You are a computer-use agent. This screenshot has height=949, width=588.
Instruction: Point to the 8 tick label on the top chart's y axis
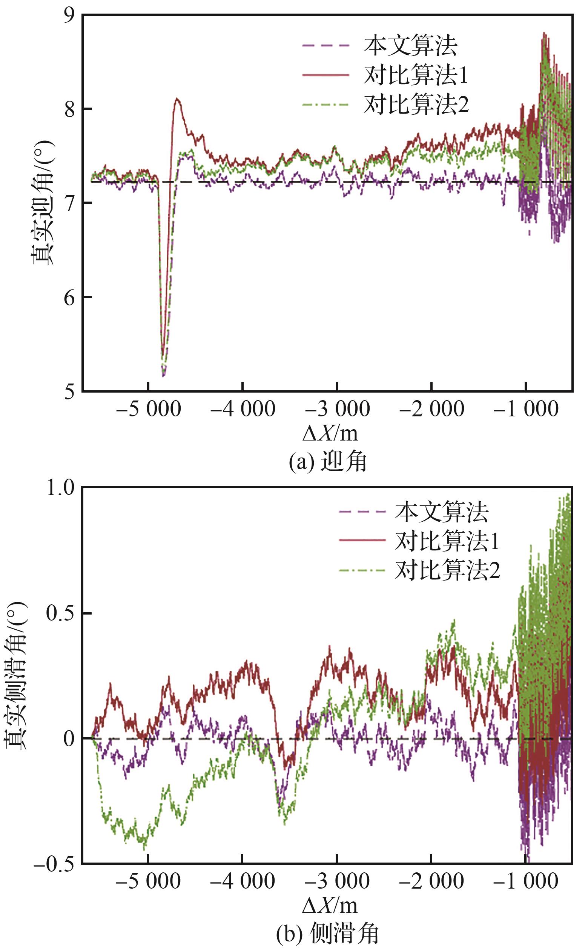(70, 109)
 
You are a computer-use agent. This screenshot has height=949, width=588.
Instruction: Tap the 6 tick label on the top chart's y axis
(70, 299)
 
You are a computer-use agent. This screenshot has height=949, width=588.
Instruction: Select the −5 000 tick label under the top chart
(148, 409)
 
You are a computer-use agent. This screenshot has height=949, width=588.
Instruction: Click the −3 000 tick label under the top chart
(337, 409)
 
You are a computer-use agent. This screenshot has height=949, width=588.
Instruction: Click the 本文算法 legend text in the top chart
(410, 46)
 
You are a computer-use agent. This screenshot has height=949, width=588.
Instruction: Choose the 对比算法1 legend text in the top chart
(415, 75)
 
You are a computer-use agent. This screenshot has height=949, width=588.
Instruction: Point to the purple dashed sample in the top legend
(325, 46)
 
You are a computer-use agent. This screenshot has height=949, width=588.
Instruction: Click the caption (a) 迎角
(327, 462)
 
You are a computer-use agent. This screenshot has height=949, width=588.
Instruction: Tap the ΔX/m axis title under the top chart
(330, 433)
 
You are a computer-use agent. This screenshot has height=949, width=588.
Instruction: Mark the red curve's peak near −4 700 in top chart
(177, 99)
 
